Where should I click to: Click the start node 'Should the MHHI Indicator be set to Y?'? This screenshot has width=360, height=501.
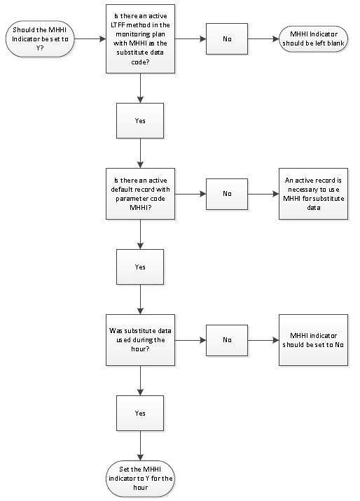(40, 39)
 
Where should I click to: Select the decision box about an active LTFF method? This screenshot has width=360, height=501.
(140, 38)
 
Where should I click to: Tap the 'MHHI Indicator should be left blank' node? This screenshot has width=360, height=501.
(313, 38)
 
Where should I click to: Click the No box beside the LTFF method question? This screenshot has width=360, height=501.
(227, 38)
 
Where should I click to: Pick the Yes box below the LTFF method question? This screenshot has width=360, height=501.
(140, 121)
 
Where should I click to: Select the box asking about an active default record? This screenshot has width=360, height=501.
(140, 194)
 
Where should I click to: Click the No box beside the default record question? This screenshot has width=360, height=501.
(227, 194)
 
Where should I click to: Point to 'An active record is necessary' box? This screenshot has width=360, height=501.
(313, 194)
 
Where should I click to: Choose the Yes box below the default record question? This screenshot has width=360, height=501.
(140, 267)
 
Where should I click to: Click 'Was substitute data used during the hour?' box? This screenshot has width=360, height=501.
(140, 340)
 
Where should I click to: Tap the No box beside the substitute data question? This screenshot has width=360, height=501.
(227, 340)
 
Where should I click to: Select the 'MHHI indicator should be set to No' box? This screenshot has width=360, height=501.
(313, 340)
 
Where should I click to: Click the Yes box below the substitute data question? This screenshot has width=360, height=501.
(140, 413)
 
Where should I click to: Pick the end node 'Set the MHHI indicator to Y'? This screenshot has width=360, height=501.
(140, 479)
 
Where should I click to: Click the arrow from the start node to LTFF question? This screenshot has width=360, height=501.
(90, 39)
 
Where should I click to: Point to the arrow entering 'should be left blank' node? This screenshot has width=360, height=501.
(263, 39)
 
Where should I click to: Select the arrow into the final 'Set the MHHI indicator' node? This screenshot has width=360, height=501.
(140, 446)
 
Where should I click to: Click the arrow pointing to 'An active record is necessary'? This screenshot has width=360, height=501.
(263, 194)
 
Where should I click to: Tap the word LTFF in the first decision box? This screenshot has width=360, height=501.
(118, 25)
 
